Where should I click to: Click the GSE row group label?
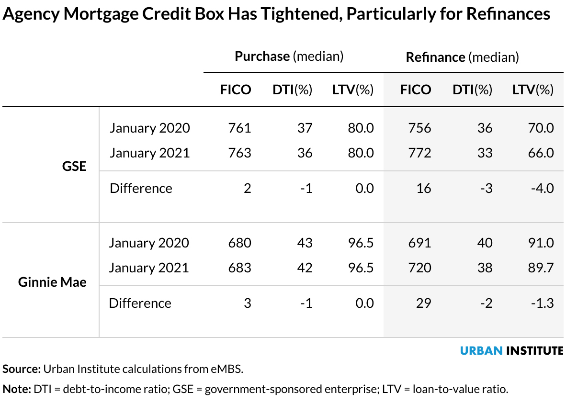tap(74, 166)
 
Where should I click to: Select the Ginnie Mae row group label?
tap(52, 282)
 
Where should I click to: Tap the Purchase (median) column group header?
tap(289, 56)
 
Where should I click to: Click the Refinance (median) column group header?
tap(462, 57)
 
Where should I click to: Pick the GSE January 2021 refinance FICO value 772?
tap(420, 153)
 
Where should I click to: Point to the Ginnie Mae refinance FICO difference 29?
tap(423, 303)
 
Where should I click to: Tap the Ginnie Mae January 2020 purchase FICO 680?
tap(239, 243)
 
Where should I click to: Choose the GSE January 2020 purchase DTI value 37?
tap(305, 128)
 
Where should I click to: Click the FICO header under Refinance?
tap(415, 90)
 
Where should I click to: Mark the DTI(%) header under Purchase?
tap(292, 90)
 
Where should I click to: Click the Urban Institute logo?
tap(511, 350)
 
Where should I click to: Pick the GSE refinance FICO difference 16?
tap(423, 188)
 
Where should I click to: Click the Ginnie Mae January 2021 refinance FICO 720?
tap(420, 268)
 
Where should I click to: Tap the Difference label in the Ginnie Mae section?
tap(140, 303)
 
